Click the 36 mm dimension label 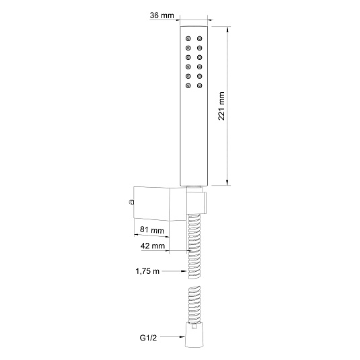click(x=162, y=15)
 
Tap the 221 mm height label click(x=221, y=106)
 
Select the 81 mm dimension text click(x=152, y=229)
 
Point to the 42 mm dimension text click(x=153, y=246)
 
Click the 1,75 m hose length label click(x=147, y=271)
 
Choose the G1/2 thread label click(x=148, y=338)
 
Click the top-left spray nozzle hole click(x=188, y=38)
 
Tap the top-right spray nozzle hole click(x=200, y=38)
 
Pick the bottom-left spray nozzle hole click(x=188, y=85)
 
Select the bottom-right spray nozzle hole click(x=200, y=85)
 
